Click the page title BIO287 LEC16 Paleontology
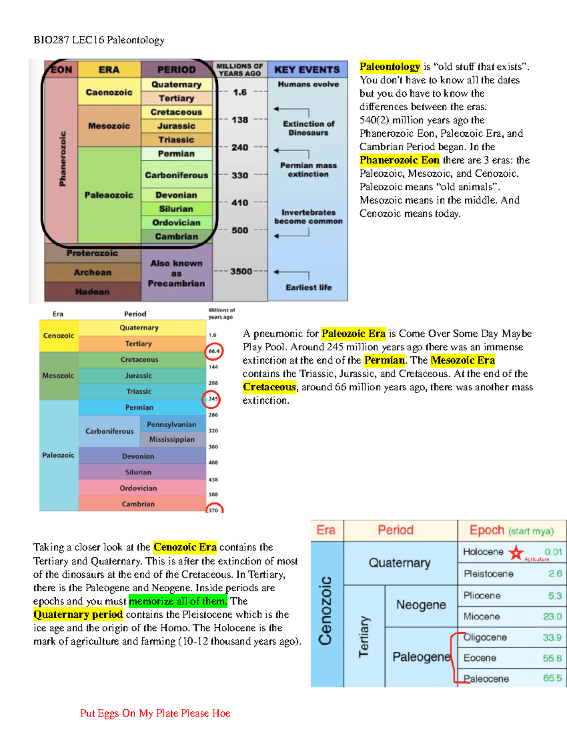[x=99, y=40]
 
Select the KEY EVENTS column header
[x=307, y=70]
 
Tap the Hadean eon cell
[x=92, y=292]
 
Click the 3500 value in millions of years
[x=241, y=271]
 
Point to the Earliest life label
[x=309, y=287]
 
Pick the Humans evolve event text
[x=308, y=84]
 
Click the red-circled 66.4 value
[x=214, y=351]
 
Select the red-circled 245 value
[x=213, y=399]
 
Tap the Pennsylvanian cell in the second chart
[x=172, y=424]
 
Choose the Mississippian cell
[x=172, y=440]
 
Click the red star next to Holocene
[x=516, y=552]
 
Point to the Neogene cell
[x=421, y=605]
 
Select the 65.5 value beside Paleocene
[x=552, y=678]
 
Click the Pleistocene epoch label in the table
[x=489, y=574]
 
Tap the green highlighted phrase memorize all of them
[x=178, y=601]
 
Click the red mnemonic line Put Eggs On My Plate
[x=155, y=713]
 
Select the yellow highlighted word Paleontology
[x=390, y=67]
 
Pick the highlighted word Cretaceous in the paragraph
[x=269, y=387]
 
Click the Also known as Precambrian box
[x=176, y=273]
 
